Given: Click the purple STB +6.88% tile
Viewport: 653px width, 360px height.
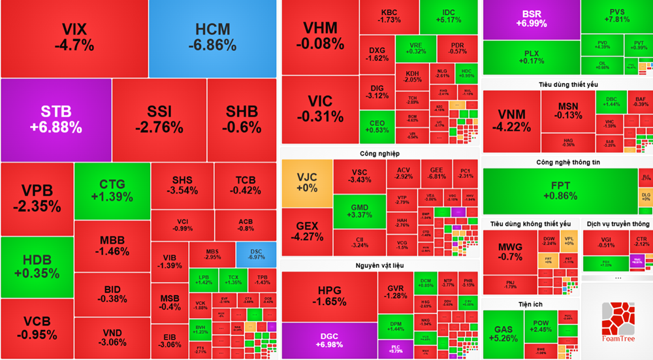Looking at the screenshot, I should point(56,120).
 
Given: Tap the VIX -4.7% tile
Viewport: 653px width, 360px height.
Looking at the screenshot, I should point(74,38).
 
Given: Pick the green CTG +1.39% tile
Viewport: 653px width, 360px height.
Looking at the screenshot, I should point(112,190).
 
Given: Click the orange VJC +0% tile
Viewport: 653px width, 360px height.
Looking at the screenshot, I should point(306,182).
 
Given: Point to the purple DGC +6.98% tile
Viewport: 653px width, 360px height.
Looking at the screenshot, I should point(328,340).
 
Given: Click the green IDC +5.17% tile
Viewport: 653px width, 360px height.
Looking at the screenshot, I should point(447,16).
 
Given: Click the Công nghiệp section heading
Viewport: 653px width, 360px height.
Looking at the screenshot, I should point(379,154).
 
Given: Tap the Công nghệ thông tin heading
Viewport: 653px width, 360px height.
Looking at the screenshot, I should point(568,162).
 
